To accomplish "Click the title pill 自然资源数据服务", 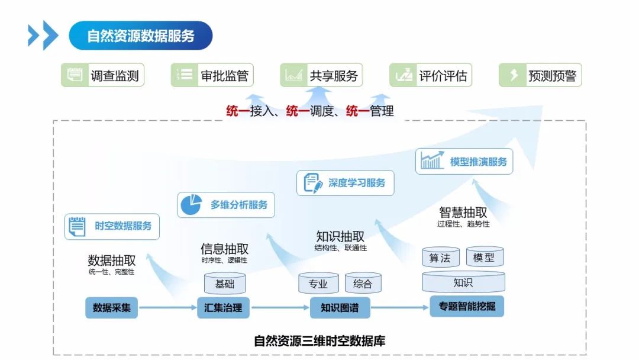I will (x=141, y=36).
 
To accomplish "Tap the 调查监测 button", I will (x=102, y=75).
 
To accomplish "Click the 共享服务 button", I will (x=321, y=75).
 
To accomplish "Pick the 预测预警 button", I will (x=540, y=75).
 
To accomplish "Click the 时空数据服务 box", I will (x=112, y=226).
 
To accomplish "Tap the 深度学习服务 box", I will (x=345, y=183).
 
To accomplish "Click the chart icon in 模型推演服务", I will (x=432, y=160).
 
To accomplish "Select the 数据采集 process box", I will (x=111, y=308).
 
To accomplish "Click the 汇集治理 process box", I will (x=223, y=308).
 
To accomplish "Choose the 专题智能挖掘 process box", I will (x=467, y=307).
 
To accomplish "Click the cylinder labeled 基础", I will (x=225, y=284).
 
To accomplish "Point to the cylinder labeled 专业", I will (x=318, y=284).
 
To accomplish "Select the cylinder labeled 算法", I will (x=440, y=258).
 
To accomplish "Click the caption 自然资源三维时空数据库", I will (x=319, y=341).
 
